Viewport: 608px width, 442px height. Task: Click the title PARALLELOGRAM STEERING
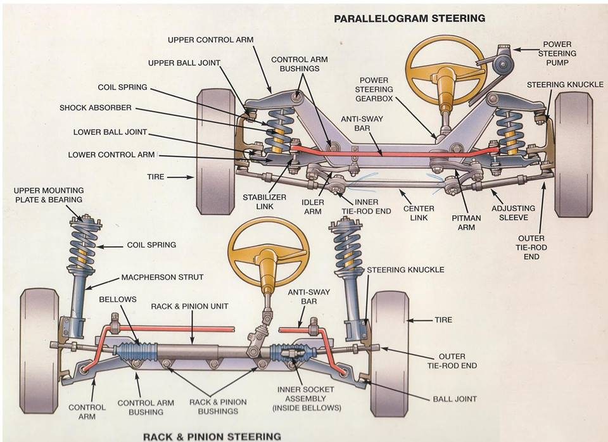[x=410, y=18]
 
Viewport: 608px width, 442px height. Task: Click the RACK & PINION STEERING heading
[x=212, y=436]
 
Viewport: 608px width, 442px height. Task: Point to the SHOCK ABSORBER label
[x=96, y=108]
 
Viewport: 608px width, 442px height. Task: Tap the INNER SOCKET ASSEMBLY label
[x=307, y=398]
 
